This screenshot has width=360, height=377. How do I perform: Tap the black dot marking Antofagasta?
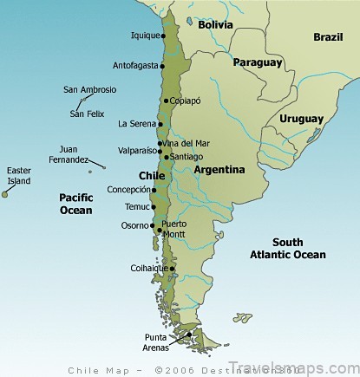(x=165, y=65)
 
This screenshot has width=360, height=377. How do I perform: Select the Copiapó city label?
(x=186, y=101)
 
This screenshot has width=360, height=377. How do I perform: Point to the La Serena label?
(x=136, y=124)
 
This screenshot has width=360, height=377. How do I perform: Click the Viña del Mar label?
(x=187, y=144)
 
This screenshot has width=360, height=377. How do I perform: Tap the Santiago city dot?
(x=166, y=157)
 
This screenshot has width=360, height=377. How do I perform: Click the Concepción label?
(x=128, y=189)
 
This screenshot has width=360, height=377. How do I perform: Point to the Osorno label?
(x=135, y=225)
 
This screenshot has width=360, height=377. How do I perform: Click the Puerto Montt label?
(x=173, y=228)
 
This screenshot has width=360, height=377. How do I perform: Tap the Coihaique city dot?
(x=173, y=269)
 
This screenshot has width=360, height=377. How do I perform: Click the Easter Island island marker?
(x=5, y=194)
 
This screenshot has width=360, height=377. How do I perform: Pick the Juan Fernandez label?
(x=68, y=154)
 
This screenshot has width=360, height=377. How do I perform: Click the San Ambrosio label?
(x=89, y=89)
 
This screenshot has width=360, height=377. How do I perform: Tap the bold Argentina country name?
(x=219, y=170)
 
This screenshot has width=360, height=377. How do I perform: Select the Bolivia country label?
(x=215, y=25)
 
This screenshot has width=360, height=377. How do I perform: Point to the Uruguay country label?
(x=302, y=119)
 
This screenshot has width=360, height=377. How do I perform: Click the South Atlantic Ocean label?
(x=287, y=248)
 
